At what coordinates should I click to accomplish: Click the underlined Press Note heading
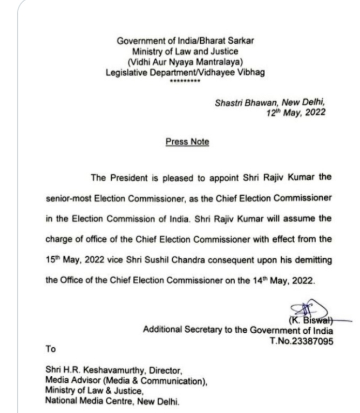tap(187, 142)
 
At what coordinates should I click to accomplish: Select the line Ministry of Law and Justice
tap(185, 51)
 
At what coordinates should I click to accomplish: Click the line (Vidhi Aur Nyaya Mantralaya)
tap(185, 62)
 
